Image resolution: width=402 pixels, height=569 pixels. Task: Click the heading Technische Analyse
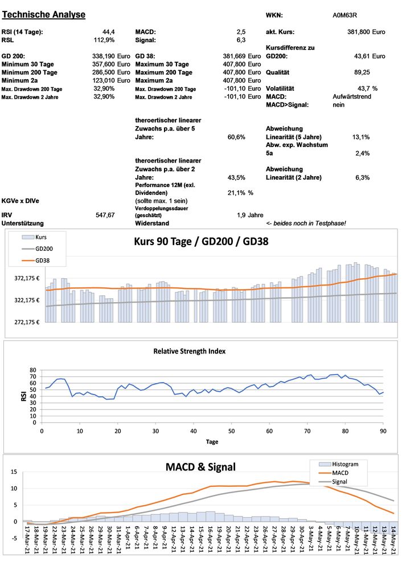point(44,14)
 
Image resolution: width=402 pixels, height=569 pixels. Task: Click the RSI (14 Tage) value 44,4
point(108,32)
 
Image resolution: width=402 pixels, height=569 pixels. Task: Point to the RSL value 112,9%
point(104,40)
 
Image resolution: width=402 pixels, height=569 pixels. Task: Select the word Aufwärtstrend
point(352,97)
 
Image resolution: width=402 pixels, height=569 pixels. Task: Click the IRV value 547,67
point(105,215)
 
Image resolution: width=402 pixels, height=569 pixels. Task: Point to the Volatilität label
point(280,88)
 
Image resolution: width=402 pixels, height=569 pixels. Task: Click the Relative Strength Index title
point(189,351)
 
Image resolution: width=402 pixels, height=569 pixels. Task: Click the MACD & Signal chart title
point(200,467)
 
